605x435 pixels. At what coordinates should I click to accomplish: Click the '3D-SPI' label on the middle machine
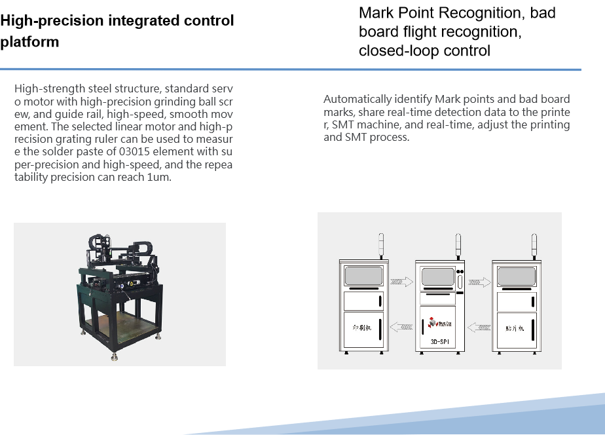439,342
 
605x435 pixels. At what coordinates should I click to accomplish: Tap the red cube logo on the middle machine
431,323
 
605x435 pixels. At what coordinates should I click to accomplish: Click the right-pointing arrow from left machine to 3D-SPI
401,282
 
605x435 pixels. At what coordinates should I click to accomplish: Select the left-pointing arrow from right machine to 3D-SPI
477,326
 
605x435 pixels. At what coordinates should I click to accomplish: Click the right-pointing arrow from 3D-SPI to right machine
478,282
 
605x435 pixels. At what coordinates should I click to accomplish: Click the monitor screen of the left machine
363,276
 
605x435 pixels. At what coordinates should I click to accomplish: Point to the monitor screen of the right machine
517,276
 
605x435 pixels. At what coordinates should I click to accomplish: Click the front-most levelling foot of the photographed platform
115,357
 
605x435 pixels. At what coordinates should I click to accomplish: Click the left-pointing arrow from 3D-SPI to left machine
401,326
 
